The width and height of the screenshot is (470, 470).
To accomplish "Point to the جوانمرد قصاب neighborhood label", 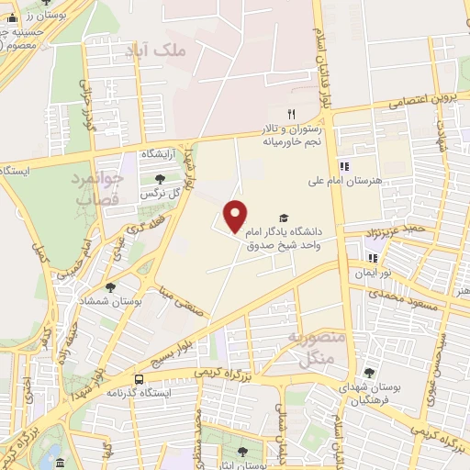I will coord(95,189).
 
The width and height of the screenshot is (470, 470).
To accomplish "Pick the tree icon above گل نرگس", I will coord(160,179).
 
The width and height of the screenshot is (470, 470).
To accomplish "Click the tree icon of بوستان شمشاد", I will coord(110,287).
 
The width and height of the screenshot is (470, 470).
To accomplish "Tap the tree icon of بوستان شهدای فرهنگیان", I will coord(369,373).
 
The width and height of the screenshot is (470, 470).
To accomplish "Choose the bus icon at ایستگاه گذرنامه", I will coord(139,378).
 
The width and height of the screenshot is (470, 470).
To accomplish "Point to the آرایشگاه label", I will coord(157,153).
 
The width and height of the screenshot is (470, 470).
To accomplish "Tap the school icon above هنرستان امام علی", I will coord(345,166).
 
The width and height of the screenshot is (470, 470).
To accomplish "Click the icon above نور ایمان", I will coord(373,258).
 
